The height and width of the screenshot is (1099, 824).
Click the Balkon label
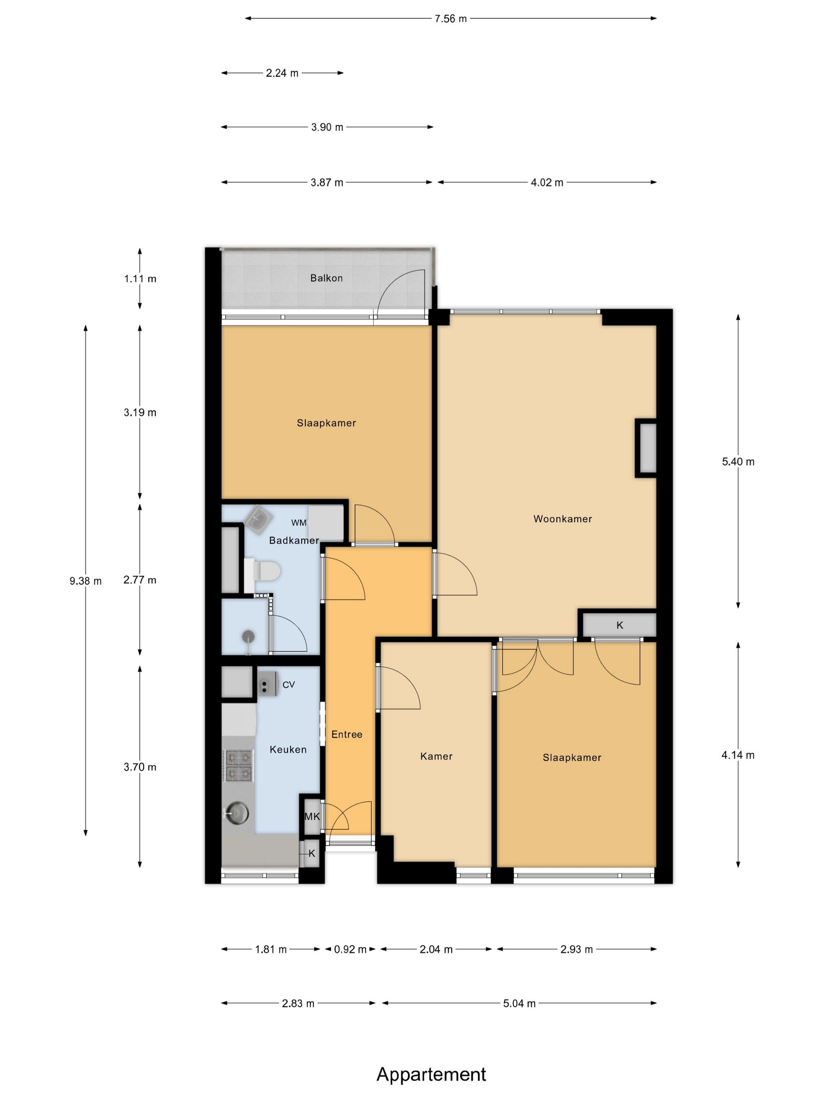click(x=326, y=278)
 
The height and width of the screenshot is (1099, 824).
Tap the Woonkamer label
click(x=562, y=519)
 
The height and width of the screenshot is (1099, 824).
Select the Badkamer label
click(x=294, y=540)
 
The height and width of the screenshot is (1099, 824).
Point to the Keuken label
click(x=288, y=750)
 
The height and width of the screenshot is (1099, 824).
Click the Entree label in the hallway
click(x=347, y=734)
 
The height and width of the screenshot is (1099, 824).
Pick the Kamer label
click(x=436, y=756)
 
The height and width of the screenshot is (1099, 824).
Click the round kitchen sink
click(x=238, y=814)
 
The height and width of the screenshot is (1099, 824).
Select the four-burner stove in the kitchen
click(x=239, y=766)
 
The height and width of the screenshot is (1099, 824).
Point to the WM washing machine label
click(x=299, y=523)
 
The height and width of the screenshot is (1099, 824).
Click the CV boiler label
click(x=288, y=685)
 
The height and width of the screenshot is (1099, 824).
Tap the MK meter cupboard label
click(x=312, y=816)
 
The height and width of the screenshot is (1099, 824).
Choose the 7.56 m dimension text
click(x=450, y=19)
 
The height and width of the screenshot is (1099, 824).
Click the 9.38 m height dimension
click(x=86, y=581)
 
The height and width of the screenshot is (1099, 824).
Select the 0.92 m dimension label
click(x=350, y=949)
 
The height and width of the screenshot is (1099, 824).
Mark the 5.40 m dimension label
click(x=738, y=462)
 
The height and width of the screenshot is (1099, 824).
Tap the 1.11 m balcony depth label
click(x=140, y=279)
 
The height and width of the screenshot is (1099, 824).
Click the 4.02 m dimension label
click(x=547, y=183)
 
